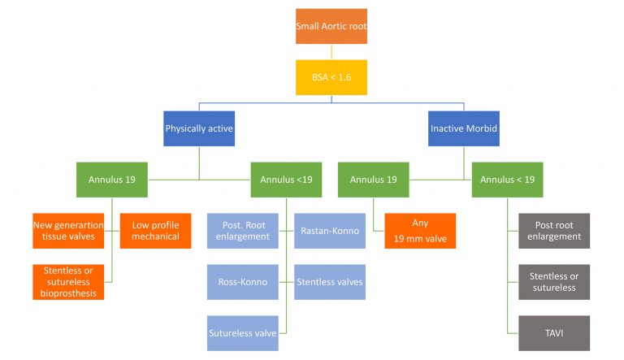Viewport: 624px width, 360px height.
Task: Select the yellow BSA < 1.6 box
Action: (331, 77)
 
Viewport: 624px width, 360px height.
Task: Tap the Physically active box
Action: (199, 128)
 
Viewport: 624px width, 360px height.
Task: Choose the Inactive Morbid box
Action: (463, 128)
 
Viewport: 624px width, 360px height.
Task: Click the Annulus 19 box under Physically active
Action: (111, 180)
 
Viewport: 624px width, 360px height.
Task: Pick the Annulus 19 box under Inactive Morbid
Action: (373, 180)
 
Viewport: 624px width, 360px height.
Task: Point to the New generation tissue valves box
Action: (68, 230)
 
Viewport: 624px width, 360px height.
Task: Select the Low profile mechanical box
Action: (155, 230)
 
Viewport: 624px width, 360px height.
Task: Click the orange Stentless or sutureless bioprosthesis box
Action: (68, 281)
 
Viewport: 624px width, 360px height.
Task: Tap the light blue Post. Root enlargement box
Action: (242, 230)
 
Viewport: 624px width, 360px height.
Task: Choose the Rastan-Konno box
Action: (329, 230)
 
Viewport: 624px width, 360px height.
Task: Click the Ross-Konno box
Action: (242, 281)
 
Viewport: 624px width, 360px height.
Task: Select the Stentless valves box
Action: (329, 281)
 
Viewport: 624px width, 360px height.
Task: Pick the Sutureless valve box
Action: (242, 332)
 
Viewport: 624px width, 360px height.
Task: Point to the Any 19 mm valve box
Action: (420, 230)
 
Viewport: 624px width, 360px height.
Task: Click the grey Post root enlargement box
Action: (554, 230)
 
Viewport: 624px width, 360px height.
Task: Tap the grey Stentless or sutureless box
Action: (554, 281)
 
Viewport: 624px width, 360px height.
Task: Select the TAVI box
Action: (554, 332)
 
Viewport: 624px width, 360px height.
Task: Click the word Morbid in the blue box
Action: (481, 128)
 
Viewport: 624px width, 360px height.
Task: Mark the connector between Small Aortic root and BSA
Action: (331, 51)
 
